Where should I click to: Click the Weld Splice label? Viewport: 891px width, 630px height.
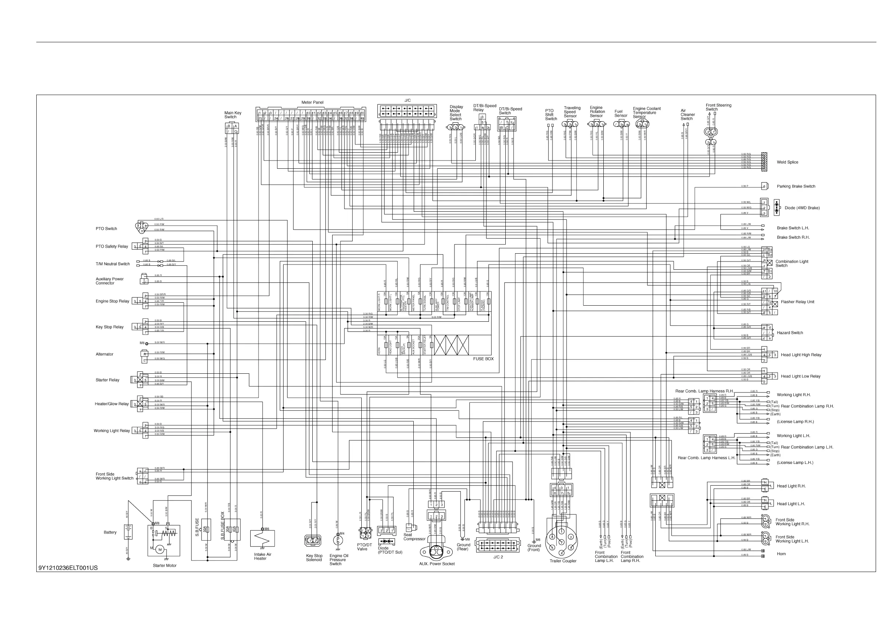click(x=787, y=162)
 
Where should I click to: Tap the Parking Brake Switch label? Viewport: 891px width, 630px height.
click(x=796, y=186)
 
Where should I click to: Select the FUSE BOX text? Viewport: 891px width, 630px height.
click(x=483, y=359)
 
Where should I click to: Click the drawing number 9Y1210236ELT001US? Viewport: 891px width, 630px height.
click(x=68, y=568)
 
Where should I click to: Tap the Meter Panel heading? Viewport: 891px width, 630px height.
click(x=312, y=103)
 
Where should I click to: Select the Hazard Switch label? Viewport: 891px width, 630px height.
click(x=790, y=333)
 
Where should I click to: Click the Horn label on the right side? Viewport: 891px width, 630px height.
click(x=781, y=554)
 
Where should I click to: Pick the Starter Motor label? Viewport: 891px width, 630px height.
click(x=165, y=566)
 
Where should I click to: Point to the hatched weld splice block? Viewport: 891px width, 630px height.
click(x=764, y=162)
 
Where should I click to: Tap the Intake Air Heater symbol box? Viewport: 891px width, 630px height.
click(x=262, y=538)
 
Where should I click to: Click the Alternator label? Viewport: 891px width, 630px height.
click(x=104, y=354)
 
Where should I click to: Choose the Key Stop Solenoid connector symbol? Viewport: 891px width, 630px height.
click(x=313, y=540)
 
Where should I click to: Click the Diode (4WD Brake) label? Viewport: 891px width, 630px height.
click(x=802, y=208)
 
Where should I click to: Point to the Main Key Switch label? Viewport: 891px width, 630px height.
click(x=232, y=115)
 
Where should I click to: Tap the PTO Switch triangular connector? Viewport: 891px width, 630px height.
click(x=142, y=227)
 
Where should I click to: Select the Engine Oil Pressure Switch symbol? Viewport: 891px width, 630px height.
click(x=338, y=539)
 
